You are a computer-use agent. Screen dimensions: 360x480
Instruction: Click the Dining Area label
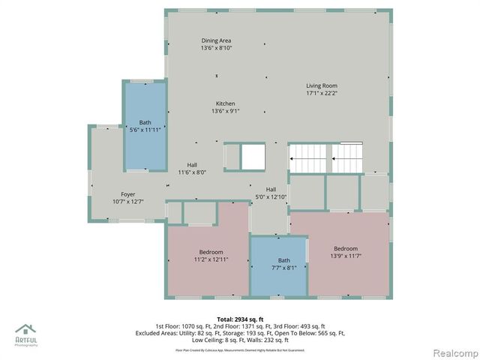point(216,40)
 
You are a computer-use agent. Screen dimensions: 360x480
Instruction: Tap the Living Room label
point(321,85)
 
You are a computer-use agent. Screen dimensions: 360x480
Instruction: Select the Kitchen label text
point(226,103)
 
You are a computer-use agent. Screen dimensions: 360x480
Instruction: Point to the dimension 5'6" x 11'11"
point(145,129)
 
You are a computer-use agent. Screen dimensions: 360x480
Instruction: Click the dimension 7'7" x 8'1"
point(278,268)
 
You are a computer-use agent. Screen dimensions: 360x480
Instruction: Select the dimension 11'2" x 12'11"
point(211,259)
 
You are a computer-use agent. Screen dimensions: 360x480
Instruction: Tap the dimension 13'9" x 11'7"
point(346,256)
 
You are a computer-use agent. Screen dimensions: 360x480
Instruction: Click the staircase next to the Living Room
point(326,157)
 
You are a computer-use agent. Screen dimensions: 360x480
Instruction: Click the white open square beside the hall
point(252,157)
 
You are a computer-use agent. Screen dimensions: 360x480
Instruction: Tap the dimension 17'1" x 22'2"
point(321,94)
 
